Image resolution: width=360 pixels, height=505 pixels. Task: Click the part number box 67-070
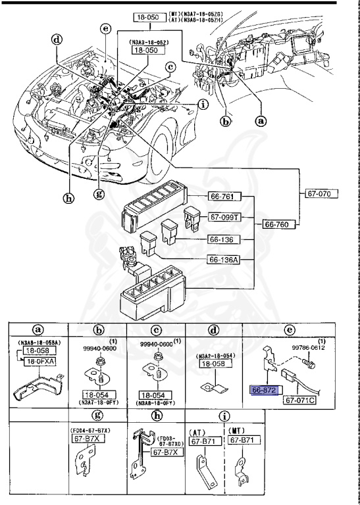[x=322, y=194]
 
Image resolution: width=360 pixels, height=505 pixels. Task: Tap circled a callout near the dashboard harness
[x=261, y=121]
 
